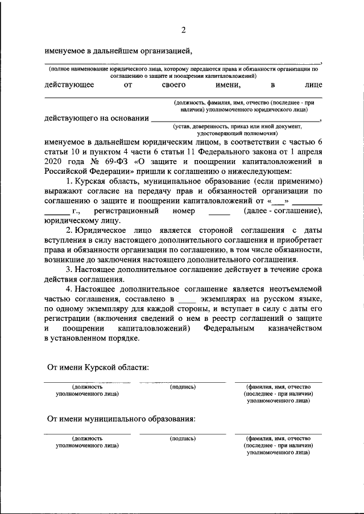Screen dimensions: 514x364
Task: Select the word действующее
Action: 69,85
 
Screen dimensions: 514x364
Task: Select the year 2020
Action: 55,161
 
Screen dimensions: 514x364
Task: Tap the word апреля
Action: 308,152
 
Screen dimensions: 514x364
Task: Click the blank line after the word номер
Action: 219,212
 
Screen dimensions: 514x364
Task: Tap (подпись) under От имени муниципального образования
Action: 183,438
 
